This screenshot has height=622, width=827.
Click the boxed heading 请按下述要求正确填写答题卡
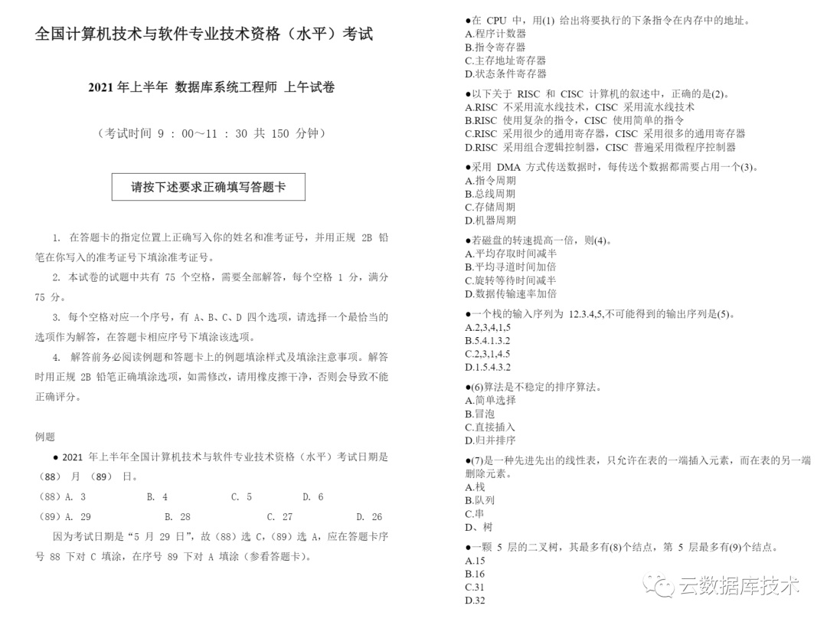[208, 187]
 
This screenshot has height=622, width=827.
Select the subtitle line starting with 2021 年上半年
[211, 88]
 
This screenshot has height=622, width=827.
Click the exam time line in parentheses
[211, 133]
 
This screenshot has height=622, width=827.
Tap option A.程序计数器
[495, 34]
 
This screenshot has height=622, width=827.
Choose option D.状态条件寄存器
[505, 74]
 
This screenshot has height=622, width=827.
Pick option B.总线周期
[490, 194]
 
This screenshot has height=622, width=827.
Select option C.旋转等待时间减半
[511, 280]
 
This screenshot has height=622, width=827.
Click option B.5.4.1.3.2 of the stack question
[488, 340]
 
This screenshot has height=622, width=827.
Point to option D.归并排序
[490, 440]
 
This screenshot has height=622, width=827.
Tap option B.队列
[480, 500]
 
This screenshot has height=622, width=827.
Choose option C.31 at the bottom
[475, 588]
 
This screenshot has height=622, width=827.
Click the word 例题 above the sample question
[45, 437]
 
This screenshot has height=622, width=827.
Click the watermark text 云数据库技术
[738, 587]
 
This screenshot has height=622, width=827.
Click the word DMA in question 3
[508, 167]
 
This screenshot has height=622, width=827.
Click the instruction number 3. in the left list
[57, 317]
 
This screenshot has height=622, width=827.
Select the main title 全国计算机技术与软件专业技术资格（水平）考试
[204, 34]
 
